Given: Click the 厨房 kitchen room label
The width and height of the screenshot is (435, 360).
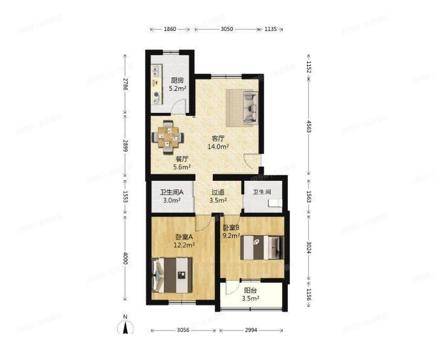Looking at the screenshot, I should point(177,85).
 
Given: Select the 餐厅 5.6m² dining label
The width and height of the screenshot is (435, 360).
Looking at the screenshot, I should point(182,163).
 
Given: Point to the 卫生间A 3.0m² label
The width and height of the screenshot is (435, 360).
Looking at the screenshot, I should point(171,196).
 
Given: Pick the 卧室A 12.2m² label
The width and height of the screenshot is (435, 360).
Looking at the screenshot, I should point(184,241).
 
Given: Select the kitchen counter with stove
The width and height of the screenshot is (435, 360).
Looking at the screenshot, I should point(157,84).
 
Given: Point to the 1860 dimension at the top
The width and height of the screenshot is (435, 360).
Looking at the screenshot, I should point(170,29).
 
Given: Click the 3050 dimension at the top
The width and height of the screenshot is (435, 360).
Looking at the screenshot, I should point(226,29).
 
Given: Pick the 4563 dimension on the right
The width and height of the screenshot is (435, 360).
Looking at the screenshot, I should point(308,126).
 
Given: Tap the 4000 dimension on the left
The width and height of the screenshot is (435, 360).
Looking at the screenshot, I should point(125,258).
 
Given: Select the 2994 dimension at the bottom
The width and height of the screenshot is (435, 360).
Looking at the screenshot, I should point(251,330).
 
